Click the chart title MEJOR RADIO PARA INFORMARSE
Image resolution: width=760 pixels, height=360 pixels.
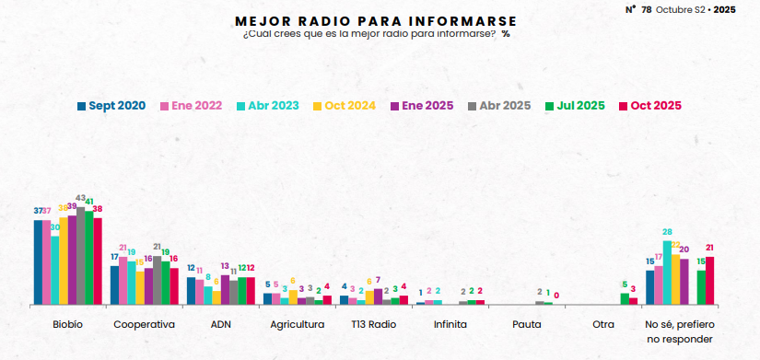point(376,20)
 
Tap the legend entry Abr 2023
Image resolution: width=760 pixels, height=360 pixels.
point(268,106)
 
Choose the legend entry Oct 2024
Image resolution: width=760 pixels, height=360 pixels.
point(345,106)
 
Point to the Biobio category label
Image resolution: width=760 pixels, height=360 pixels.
point(67,325)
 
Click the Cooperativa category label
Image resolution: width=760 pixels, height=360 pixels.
point(144,325)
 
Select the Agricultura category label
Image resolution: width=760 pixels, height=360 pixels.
point(297,325)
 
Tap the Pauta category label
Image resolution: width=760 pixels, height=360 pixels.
point(526,325)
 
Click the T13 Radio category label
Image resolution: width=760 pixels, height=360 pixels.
point(373,325)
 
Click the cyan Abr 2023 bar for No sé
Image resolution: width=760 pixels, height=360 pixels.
point(667,273)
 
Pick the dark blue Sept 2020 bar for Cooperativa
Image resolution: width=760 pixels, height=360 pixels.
point(114,285)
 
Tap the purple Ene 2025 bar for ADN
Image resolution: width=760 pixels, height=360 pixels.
point(225,289)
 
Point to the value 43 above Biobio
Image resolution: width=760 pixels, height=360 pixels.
point(80,198)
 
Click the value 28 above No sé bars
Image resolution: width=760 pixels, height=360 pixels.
point(667,232)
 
